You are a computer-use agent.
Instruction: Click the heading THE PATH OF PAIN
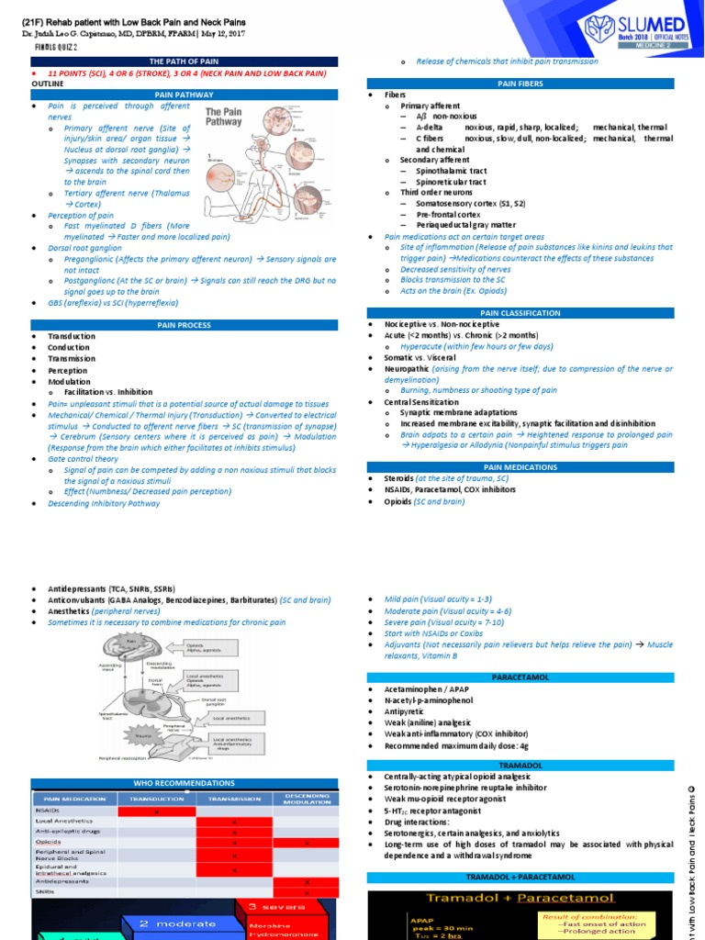coord(184,61)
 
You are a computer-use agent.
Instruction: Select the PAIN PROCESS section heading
coord(184,325)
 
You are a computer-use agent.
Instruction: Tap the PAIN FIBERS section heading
coord(520,84)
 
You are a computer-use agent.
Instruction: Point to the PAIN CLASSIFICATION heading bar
coord(520,313)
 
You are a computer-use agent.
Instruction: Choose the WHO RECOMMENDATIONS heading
coord(184,783)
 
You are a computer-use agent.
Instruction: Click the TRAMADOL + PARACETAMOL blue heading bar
coord(520,877)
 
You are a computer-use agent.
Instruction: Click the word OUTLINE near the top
coord(48,83)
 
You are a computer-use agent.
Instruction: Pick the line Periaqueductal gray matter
coord(453,225)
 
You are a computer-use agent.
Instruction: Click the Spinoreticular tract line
coord(451,182)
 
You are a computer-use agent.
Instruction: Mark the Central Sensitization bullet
coord(421,401)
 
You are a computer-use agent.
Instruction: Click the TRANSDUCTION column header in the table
coord(157,799)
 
